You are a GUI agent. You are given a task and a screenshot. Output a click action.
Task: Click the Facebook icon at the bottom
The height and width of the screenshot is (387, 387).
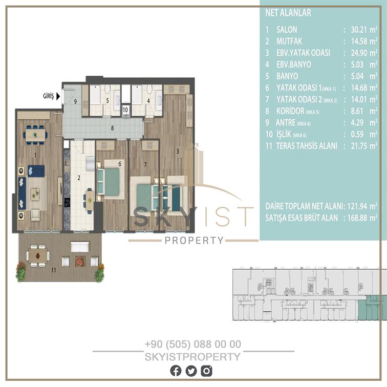pyautogui.click(x=176, y=371)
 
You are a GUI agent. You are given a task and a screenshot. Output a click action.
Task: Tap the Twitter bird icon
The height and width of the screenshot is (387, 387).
pyautogui.click(x=191, y=371)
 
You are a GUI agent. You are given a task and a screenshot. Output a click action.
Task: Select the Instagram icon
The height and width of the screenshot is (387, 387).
pyautogui.click(x=206, y=371)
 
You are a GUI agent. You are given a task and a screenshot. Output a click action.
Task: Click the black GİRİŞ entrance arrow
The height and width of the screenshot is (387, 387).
pyautogui.click(x=58, y=96)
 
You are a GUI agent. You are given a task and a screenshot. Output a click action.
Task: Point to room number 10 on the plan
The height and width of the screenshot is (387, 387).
pyautogui.click(x=125, y=110)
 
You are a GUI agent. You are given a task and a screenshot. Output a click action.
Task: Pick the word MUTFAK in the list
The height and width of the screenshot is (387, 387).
pyautogui.click(x=289, y=41)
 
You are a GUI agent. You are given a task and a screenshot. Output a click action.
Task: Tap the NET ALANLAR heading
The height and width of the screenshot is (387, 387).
pyautogui.click(x=288, y=13)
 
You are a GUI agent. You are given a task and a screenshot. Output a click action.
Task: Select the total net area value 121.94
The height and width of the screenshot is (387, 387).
pyautogui.click(x=357, y=206)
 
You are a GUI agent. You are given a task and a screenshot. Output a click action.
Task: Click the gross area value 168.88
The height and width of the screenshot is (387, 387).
pyautogui.click(x=357, y=218)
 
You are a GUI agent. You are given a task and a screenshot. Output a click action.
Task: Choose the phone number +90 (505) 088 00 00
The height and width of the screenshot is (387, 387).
pyautogui.click(x=193, y=344)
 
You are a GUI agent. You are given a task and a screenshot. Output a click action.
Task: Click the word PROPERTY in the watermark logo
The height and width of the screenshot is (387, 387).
pyautogui.click(x=194, y=240)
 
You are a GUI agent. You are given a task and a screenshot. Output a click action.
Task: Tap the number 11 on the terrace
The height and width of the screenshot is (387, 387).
pyautogui.click(x=54, y=270)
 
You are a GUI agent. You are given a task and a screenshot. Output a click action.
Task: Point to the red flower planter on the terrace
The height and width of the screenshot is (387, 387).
pyautogui.click(x=80, y=262)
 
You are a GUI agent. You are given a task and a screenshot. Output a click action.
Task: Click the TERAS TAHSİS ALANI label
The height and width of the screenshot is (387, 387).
pyautogui.click(x=306, y=146)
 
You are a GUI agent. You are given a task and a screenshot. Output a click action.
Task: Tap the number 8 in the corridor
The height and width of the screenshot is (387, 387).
pyautogui.click(x=112, y=128)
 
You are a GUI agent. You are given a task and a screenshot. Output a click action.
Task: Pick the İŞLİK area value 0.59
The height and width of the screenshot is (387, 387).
pyautogui.click(x=357, y=134)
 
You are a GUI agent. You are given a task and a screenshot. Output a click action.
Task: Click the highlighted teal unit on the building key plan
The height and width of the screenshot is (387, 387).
pyautogui.click(x=372, y=308)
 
